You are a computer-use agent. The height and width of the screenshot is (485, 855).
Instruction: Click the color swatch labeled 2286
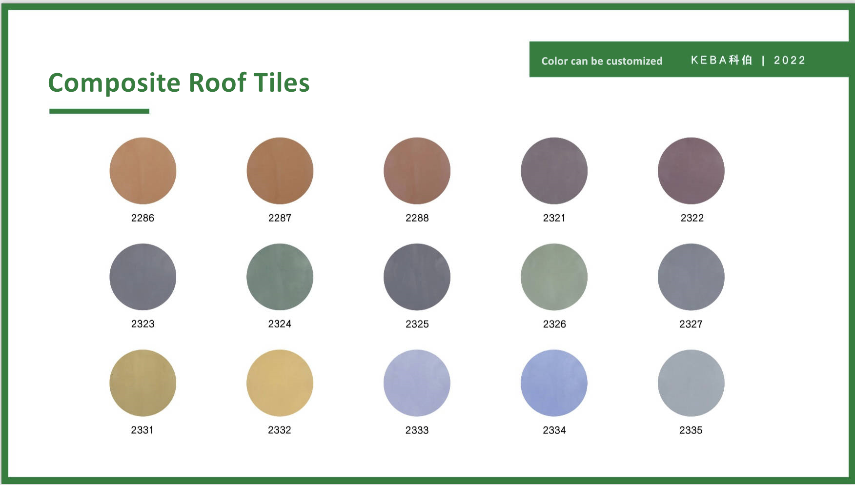coord(143,171)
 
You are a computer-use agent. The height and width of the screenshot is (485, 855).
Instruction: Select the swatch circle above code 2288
coord(417,171)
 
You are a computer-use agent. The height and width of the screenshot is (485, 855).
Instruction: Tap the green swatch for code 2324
coord(280,277)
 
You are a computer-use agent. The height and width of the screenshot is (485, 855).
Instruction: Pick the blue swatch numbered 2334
coord(554,383)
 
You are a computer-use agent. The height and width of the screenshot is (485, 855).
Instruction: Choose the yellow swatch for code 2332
coord(280,383)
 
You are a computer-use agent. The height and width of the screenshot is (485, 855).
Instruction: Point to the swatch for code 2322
coord(692,171)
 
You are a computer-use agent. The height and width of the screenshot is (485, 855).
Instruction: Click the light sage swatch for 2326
coord(554,277)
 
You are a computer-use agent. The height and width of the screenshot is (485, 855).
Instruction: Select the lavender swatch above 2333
coord(417,383)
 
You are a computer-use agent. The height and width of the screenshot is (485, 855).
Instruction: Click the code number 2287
coord(280,218)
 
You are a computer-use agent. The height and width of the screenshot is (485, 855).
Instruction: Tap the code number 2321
coord(554,218)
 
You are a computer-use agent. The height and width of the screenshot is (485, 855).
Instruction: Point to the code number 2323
coord(142,324)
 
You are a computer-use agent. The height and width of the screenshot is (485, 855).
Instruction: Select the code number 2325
coord(417,324)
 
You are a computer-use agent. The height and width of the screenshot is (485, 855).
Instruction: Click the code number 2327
coord(691,324)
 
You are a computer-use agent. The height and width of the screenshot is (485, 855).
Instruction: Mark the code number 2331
coord(142,430)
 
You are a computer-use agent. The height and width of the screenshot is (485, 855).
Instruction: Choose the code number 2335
coord(691,430)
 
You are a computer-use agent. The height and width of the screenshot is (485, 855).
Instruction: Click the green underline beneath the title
coord(100,111)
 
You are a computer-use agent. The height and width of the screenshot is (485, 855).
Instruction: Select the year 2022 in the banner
coord(790,60)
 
